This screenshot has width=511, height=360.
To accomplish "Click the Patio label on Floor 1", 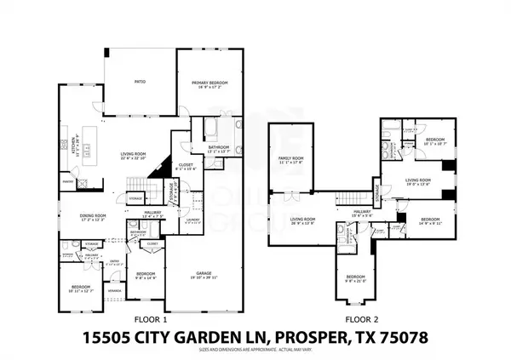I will pos(140,82).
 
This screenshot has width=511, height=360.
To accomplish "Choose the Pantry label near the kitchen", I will pos(67,181).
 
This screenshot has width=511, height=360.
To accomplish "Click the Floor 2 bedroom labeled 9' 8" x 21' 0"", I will pos(354,278).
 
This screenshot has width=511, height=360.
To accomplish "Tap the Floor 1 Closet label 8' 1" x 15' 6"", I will pos(186,167).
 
